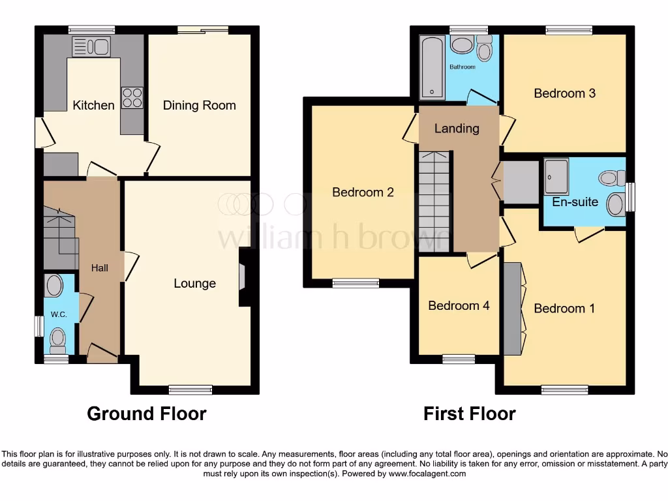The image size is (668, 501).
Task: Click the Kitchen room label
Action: (93, 105)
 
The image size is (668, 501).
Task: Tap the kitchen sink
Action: (91, 46)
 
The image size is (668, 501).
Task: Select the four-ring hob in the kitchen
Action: (132, 98)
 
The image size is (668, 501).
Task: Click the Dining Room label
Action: (199, 105)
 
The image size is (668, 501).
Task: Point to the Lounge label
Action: (194, 283)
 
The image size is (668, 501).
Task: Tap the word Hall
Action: (100, 267)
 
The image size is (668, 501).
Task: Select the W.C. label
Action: (59, 314)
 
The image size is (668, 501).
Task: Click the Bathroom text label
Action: (463, 67)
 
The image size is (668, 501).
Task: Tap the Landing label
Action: (457, 129)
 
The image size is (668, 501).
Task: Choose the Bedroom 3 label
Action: (564, 93)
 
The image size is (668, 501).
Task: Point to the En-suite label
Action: (575, 202)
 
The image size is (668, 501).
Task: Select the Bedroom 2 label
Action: (363, 192)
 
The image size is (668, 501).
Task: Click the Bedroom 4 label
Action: (459, 305)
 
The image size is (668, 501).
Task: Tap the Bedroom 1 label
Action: (564, 308)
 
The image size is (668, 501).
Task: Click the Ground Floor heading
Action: (147, 414)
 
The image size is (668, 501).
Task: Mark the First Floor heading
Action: (469, 414)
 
